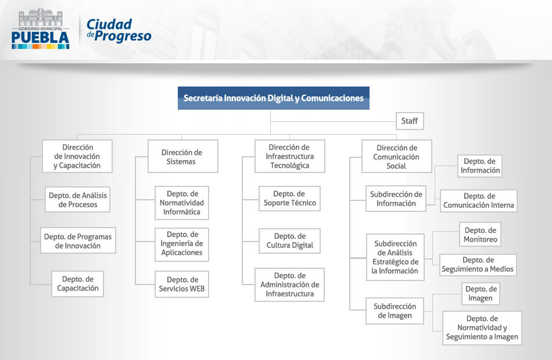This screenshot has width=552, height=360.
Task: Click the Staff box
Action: pos(410,121)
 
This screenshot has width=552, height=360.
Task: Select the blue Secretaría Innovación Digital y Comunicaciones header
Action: pos(274,98)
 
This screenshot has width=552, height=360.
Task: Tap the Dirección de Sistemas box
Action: pos(182,156)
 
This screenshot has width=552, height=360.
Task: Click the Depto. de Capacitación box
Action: pos(77,283)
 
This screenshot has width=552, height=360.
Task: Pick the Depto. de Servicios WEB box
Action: pos(182,284)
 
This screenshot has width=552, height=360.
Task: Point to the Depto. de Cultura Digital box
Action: pos(289,241)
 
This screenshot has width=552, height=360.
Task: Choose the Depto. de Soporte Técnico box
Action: pos(289,199)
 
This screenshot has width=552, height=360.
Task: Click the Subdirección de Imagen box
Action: pos(395,311)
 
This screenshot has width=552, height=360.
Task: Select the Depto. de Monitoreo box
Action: pos(480,235)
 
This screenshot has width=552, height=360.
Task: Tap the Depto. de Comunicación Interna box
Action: pos(478,200)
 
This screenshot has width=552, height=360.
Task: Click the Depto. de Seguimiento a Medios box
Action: pos(478,265)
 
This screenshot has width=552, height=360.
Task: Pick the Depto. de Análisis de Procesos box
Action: pos(77,200)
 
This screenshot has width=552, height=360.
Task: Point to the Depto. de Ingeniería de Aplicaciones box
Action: pos(182,244)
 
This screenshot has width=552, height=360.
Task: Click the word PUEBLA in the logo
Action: pos(40,38)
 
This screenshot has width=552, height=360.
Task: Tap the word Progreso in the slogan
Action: pos(123,36)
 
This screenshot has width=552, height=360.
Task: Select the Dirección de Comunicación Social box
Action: pos(396,156)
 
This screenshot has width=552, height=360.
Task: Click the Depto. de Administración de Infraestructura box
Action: pos(289,285)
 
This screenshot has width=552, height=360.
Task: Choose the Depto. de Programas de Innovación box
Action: pos(78,241)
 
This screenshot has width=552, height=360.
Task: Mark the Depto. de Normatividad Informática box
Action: pos(182,203)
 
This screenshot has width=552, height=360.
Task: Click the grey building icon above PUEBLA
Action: pos(41,17)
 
